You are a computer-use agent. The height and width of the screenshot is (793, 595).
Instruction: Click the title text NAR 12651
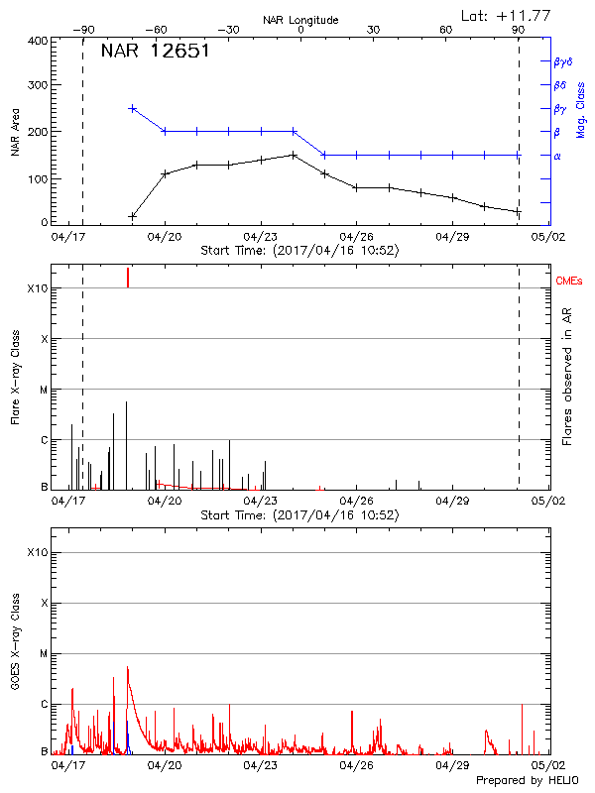[155, 53]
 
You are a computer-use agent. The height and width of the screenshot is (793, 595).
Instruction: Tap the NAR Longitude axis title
[300, 20]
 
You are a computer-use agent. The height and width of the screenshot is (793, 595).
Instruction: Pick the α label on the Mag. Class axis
[556, 156]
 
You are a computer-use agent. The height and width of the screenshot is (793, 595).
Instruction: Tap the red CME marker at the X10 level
[128, 278]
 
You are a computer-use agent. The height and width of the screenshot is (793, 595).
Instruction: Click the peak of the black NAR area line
[294, 155]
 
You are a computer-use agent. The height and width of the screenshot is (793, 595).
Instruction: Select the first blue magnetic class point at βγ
[132, 108]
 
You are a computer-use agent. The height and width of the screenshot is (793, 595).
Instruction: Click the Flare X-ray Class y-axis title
[16, 376]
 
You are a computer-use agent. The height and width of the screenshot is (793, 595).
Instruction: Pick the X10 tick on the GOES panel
[37, 552]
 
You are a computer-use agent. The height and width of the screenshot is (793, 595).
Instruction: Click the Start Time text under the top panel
[299, 251]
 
